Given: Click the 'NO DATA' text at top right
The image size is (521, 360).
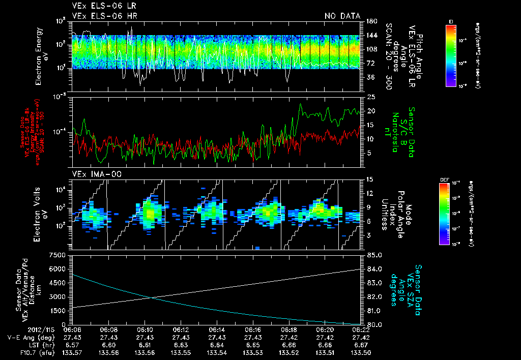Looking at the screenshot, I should click(342, 16).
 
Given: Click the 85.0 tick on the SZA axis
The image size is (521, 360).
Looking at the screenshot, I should click(373, 255).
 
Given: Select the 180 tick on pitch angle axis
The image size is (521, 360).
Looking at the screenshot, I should click(370, 21).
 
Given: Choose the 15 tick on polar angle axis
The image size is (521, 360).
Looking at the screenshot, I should click(369, 179).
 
